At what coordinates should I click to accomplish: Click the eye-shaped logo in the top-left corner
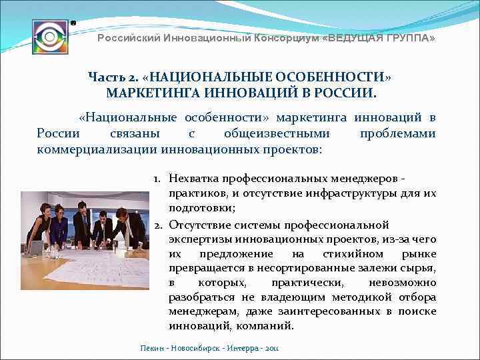pos(50,37)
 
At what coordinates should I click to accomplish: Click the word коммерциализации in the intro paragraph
pos(98,149)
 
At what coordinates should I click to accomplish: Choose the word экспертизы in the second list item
pos(197,238)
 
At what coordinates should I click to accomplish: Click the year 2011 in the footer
pos(271,348)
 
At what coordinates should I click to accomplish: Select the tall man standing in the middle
pos(81,223)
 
